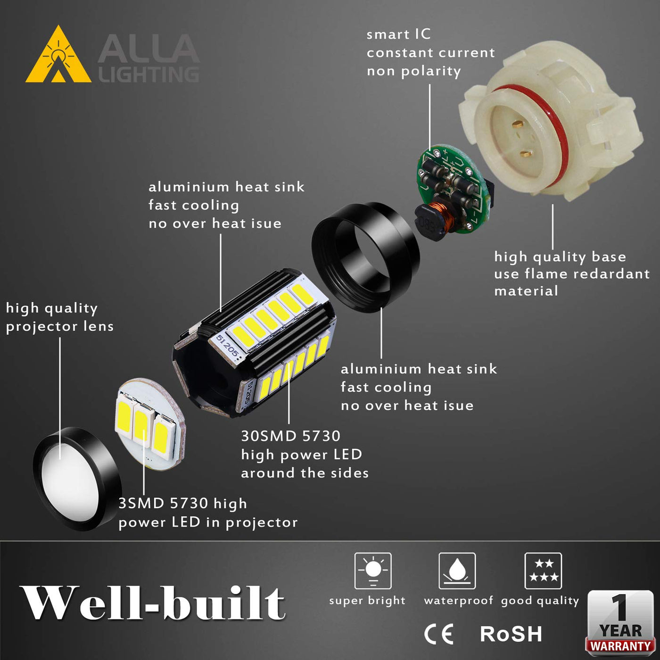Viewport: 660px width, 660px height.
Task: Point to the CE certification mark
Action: coord(439,634)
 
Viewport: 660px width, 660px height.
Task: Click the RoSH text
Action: coord(511,634)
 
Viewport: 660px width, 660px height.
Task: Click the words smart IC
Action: coord(399,34)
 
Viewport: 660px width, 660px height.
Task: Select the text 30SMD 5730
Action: coord(291,436)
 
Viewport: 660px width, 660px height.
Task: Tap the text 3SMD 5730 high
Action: coord(182,503)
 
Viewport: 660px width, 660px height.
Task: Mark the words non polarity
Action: coord(414,72)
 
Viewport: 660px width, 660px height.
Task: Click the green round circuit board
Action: coord(453,188)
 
